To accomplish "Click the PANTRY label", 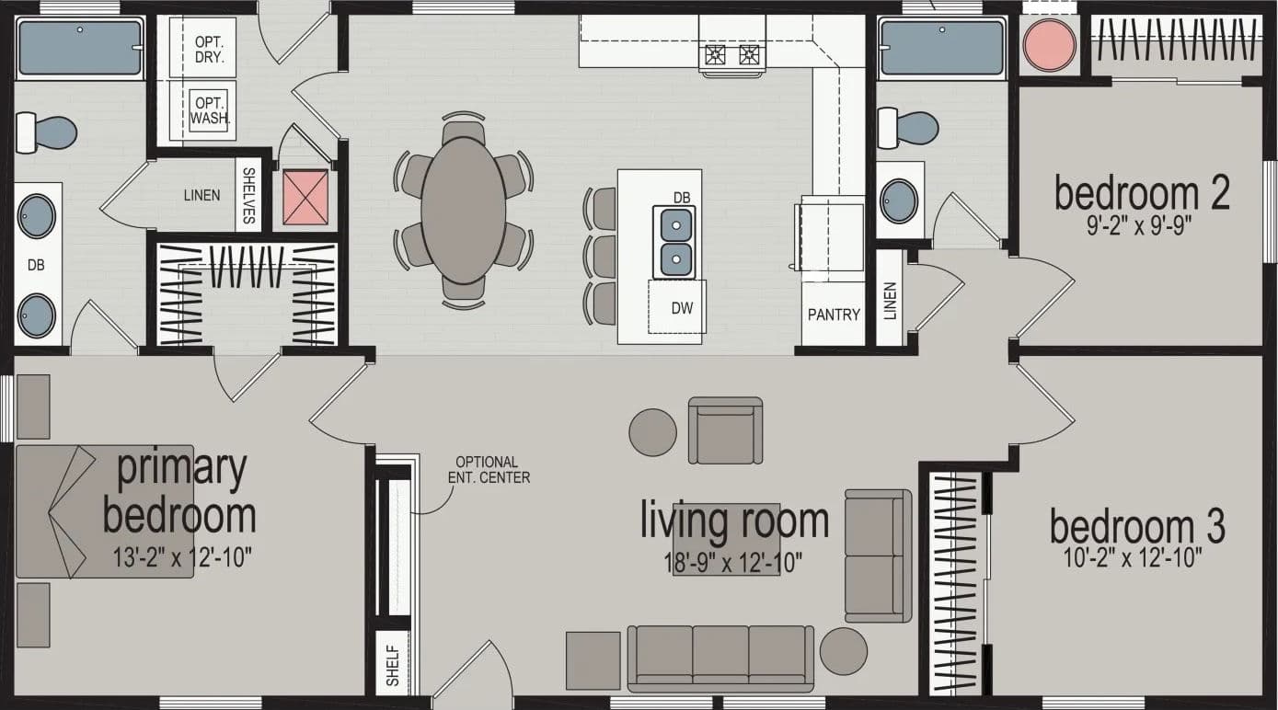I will (x=834, y=315).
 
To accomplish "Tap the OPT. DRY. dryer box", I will (x=210, y=49).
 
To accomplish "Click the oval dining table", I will (x=463, y=210).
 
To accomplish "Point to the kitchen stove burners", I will (x=732, y=56).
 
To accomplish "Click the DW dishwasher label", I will (x=682, y=308).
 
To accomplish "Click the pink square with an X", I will (x=305, y=197).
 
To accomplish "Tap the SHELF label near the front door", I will (x=393, y=663).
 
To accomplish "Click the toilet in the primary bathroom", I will (x=46, y=132).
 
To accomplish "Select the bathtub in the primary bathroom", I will (x=80, y=48).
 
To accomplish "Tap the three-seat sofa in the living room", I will (x=720, y=656).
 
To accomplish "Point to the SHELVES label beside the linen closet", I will (x=248, y=195).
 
